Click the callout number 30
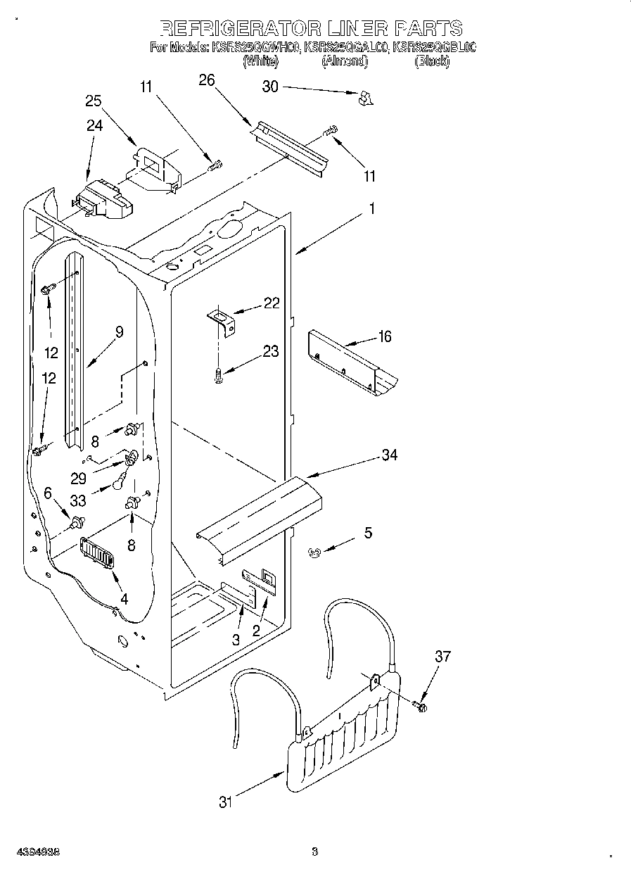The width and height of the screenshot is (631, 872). click(x=271, y=87)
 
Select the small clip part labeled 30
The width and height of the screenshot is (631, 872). click(x=364, y=99)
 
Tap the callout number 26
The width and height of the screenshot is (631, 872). click(x=206, y=80)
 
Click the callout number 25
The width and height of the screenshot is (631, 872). click(x=94, y=101)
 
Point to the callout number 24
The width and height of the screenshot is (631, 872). click(x=94, y=125)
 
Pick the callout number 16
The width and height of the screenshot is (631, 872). click(x=384, y=336)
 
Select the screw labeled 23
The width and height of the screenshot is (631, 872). click(x=219, y=376)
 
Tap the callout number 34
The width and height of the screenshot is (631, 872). click(x=389, y=455)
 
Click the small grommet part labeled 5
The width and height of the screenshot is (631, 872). click(x=315, y=553)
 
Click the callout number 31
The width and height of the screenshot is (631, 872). click(x=225, y=802)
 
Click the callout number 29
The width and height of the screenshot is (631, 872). click(x=78, y=478)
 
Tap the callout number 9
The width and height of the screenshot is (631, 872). click(x=120, y=332)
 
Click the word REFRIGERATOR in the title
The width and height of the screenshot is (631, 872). click(x=240, y=28)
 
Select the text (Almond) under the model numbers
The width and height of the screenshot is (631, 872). click(x=345, y=62)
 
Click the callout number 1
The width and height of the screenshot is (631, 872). click(x=372, y=209)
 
